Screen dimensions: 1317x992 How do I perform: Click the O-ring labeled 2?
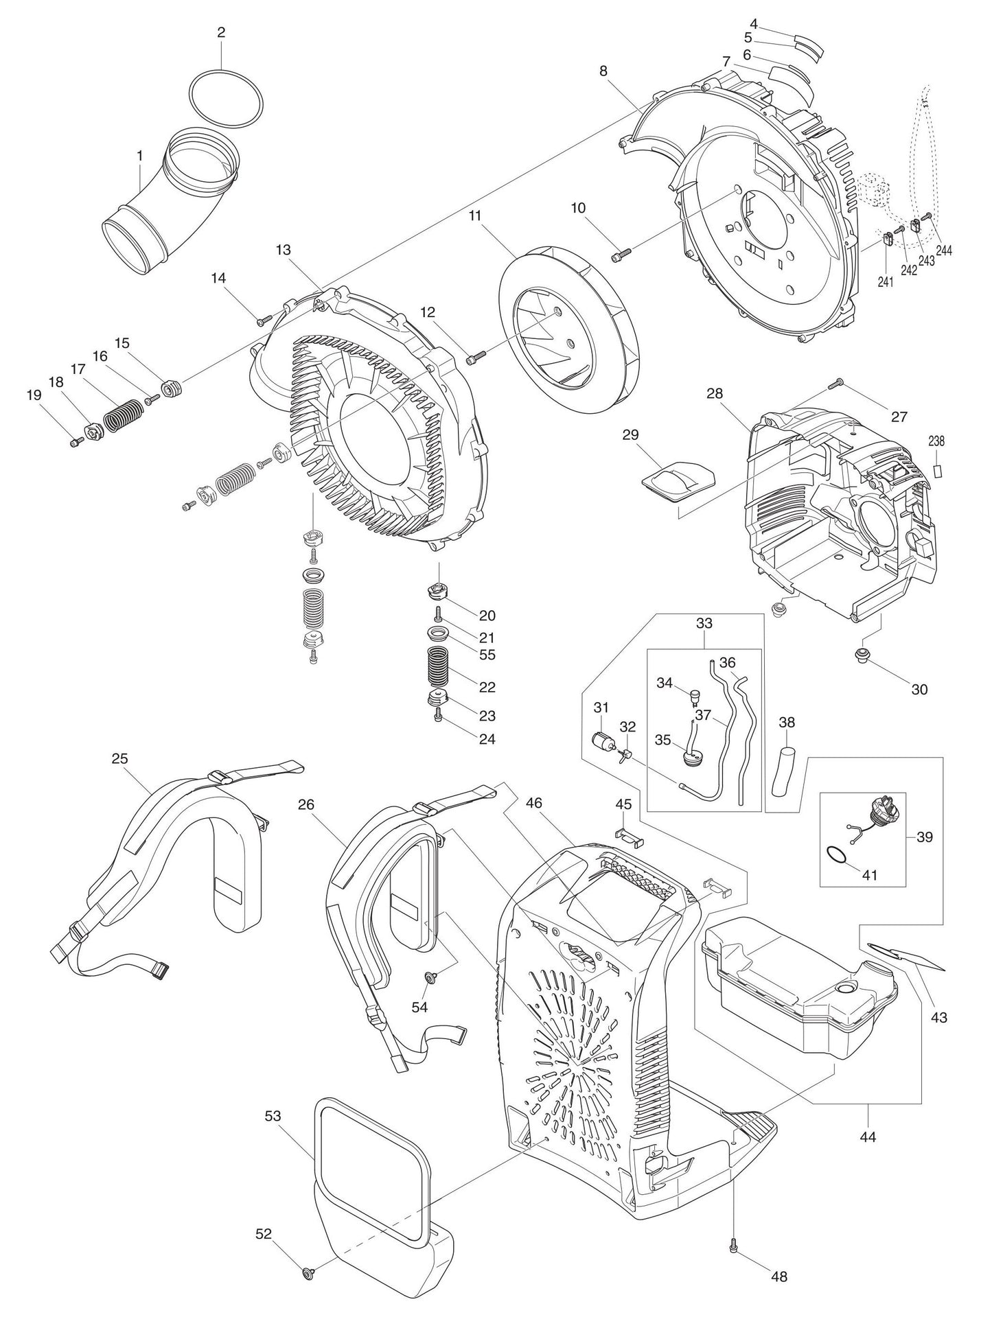[226, 73]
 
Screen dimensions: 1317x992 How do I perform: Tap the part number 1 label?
[140, 156]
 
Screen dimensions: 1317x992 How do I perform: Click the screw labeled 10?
[619, 256]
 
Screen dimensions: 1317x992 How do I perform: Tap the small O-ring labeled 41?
[835, 854]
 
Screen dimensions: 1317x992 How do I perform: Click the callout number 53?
[273, 1116]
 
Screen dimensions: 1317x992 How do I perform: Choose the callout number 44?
[868, 1137]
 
